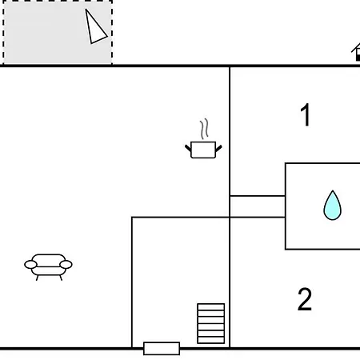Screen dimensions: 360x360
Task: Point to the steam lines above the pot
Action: [x=204, y=129]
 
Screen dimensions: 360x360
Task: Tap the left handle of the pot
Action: [x=188, y=148]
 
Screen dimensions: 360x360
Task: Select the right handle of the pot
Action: [x=218, y=148]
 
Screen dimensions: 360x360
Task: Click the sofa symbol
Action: [x=48, y=267]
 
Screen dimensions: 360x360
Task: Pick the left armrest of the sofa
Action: [x=30, y=265]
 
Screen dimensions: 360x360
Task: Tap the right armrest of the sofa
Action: [x=66, y=265]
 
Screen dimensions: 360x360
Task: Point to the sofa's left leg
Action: [x=38, y=278]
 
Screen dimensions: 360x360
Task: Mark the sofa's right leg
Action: [x=61, y=278]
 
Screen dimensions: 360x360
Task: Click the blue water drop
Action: [x=332, y=206]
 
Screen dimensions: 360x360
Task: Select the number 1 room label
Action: [x=306, y=114]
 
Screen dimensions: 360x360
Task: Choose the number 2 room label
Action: [x=305, y=299]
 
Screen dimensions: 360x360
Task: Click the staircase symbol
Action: [x=211, y=323]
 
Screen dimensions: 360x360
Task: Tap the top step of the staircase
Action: [x=211, y=307]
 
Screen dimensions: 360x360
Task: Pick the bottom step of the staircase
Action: [x=211, y=340]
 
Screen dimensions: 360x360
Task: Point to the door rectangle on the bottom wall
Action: [x=162, y=349]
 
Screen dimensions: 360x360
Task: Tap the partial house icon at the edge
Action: [x=356, y=52]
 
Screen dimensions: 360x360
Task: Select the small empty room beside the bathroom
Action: [x=258, y=206]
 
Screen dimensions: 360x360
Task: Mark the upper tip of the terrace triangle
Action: [x=86, y=10]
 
